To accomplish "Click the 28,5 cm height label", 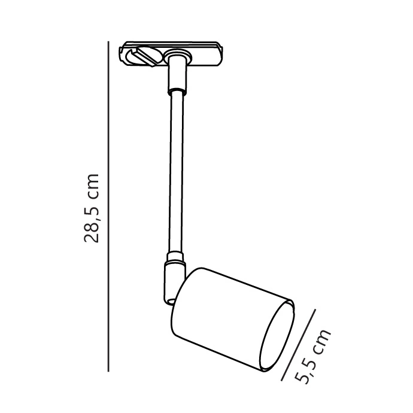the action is pyautogui.click(x=92, y=208).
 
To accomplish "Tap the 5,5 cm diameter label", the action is pyautogui.click(x=312, y=356).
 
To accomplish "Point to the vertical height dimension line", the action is pyautogui.click(x=108, y=206).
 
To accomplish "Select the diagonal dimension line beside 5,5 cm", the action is pyautogui.click(x=298, y=345).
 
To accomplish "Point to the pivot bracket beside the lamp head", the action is pyautogui.click(x=174, y=282).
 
